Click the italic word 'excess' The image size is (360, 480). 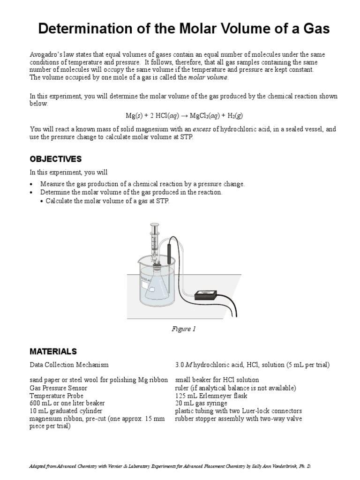(x=202, y=129)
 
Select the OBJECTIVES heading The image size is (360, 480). (x=55, y=159)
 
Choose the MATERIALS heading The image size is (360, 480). (x=53, y=351)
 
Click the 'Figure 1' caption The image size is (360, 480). (x=184, y=329)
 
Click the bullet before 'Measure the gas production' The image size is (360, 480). (x=31, y=184)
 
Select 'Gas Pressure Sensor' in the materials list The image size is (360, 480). (x=58, y=388)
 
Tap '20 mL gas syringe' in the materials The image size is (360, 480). (x=201, y=403)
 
